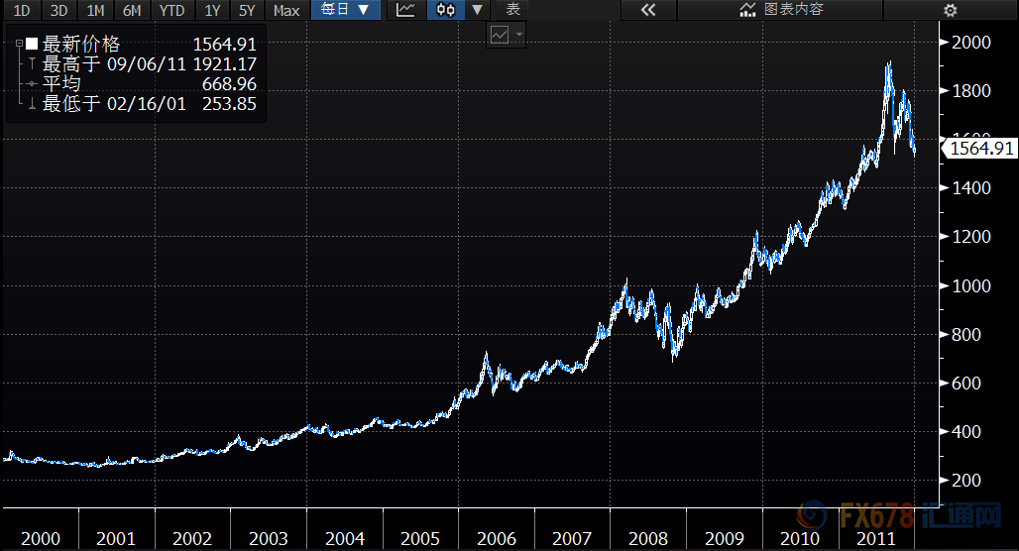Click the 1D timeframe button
[x=22, y=10]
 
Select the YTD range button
[x=172, y=10]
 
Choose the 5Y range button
[x=248, y=10]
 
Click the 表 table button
[x=512, y=10]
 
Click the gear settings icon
[x=951, y=10]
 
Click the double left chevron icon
[x=648, y=10]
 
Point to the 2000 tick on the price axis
[x=970, y=43]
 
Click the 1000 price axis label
[x=970, y=286]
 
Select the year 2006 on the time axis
[x=497, y=539]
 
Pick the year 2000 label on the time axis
[x=40, y=539]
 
